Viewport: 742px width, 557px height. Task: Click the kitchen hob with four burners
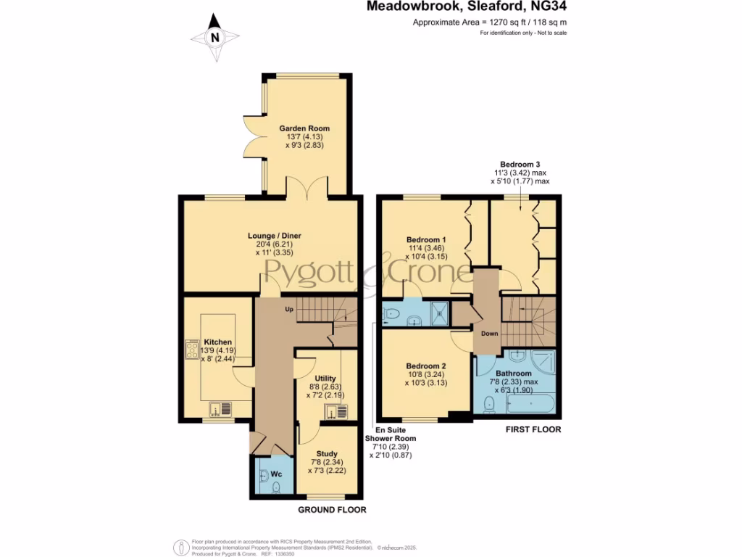click(x=193, y=350)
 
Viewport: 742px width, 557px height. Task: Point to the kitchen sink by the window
click(x=218, y=410)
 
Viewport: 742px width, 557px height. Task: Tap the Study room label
click(x=327, y=454)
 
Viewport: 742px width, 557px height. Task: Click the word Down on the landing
click(x=490, y=334)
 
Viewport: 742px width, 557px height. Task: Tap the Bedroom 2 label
click(x=425, y=366)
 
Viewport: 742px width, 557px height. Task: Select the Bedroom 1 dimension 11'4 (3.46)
click(x=428, y=248)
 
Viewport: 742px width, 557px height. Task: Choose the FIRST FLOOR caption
click(x=533, y=429)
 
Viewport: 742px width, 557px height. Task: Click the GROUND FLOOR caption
click(x=332, y=510)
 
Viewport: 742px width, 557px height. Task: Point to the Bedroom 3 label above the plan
click(x=520, y=165)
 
